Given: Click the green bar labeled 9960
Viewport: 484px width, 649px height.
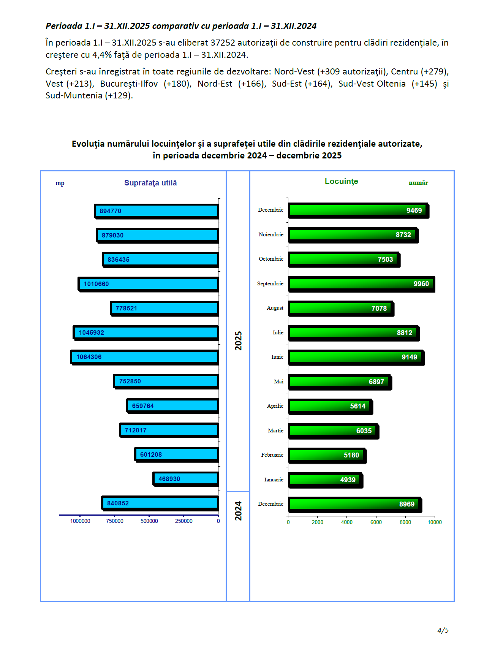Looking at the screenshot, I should (361, 284).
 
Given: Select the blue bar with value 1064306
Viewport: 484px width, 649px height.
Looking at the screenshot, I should (145, 357).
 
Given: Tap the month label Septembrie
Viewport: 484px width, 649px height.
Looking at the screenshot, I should (270, 283).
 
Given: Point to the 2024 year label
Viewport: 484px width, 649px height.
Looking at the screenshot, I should (238, 511).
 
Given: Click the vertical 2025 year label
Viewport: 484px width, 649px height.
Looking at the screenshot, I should (238, 340).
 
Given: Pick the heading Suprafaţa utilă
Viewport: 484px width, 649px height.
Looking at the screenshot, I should (150, 183).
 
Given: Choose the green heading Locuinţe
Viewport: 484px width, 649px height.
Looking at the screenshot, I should (341, 181).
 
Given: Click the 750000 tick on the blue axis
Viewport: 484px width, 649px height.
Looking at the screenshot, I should (115, 521).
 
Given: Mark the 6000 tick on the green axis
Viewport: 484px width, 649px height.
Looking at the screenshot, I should (376, 522).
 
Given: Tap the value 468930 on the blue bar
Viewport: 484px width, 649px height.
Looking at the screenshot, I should (169, 479).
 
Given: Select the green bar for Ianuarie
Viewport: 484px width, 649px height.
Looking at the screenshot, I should (325, 480).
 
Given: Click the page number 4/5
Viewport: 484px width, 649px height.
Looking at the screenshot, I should (443, 630).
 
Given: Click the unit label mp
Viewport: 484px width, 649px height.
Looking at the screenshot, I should (60, 183).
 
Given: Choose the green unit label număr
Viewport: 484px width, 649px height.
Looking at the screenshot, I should (418, 183).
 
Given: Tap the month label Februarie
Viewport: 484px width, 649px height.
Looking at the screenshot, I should (272, 455).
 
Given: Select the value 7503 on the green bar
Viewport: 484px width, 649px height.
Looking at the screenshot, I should (385, 260).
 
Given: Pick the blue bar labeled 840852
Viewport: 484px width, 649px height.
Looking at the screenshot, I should (160, 503).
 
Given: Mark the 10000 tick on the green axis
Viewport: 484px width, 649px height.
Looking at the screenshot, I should (435, 522).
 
